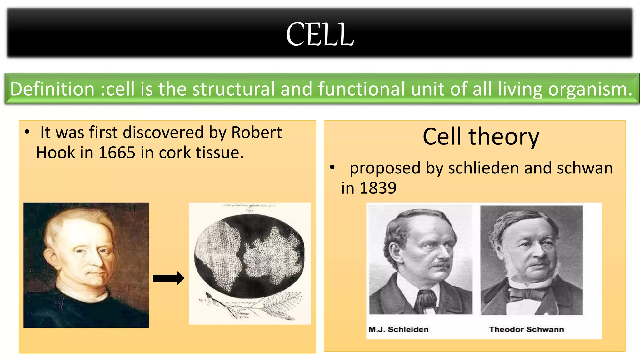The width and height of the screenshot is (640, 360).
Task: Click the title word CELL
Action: coord(320,34)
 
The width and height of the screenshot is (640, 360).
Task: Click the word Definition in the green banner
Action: coord(52,89)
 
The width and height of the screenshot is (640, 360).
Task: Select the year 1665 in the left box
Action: coord(117,153)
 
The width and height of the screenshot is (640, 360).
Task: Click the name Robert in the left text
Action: coord(256,132)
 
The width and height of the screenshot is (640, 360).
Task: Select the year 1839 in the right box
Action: coord(378,188)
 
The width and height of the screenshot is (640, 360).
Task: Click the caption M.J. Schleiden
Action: coord(398,329)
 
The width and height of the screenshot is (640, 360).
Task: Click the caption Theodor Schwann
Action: coord(526,329)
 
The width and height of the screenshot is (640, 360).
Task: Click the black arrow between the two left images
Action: coord(168,278)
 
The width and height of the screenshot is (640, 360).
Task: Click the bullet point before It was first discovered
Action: coord(27,132)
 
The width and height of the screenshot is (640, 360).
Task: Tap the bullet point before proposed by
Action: coord(332,168)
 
